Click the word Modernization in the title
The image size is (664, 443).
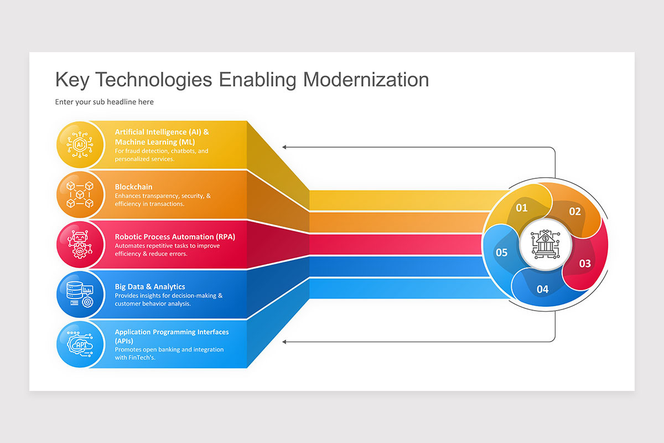tap(366, 80)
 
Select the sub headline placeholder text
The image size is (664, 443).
tap(104, 102)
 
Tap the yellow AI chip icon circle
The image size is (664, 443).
tap(80, 145)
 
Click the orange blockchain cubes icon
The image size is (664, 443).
tap(80, 195)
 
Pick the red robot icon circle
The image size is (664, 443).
tap(80, 245)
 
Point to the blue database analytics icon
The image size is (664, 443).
tap(80, 295)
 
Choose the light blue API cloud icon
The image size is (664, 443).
tap(80, 344)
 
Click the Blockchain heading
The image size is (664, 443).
tap(133, 187)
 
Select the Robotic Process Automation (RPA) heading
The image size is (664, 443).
tap(175, 237)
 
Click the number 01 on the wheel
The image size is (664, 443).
tap(522, 208)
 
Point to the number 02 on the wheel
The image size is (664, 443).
tap(575, 212)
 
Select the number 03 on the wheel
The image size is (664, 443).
tap(585, 264)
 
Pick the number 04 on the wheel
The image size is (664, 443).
tap(542, 289)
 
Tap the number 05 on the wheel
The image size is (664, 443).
tap(501, 253)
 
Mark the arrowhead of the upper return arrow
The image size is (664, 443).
tap(285, 147)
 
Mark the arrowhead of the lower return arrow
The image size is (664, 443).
tap(285, 342)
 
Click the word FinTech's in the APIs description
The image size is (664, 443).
tap(143, 357)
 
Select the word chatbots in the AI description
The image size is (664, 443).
tap(180, 151)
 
